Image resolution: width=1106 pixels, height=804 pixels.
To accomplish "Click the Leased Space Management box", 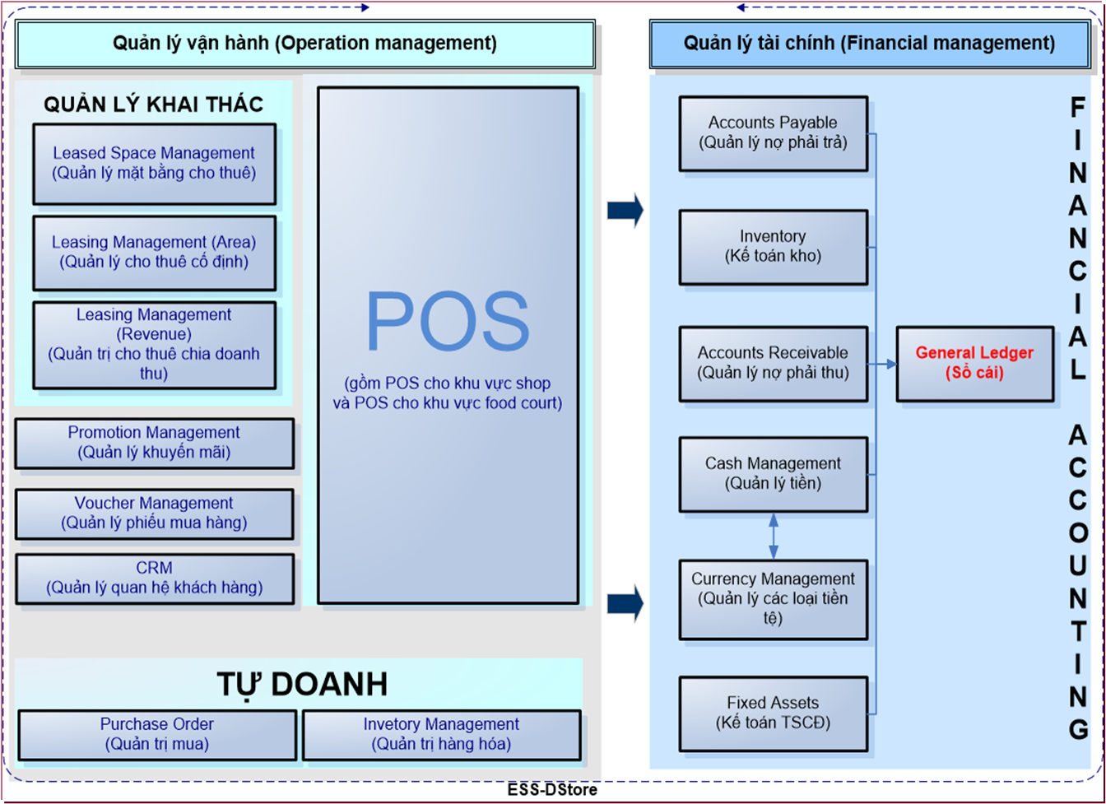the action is [x=154, y=164].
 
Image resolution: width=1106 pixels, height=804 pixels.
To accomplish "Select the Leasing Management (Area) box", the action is [x=154, y=253].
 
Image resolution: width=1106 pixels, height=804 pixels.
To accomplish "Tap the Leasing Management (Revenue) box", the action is [x=154, y=345].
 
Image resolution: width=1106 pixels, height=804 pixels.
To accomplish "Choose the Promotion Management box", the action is [x=154, y=443].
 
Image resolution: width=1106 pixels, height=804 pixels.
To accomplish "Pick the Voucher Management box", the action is [x=154, y=514].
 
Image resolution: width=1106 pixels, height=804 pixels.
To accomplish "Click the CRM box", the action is [x=154, y=579].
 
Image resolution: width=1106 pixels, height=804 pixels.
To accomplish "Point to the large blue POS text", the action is [x=448, y=321].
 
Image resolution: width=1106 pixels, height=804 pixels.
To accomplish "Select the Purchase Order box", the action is [x=157, y=735].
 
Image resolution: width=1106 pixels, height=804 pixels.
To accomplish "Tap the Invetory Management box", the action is [x=441, y=735].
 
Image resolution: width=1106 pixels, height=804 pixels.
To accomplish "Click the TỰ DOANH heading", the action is [x=302, y=685].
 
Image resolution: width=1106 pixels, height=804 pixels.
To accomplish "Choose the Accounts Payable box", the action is [x=774, y=133].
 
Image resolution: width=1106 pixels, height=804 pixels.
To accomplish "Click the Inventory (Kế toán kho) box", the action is [x=774, y=247].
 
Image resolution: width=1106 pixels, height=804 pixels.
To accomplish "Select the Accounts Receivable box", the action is [x=774, y=364].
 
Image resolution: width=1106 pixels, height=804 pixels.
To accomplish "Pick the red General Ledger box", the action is [x=974, y=364].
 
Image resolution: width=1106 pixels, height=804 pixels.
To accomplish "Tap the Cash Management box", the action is [x=774, y=474].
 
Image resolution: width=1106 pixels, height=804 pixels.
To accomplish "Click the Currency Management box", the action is [x=774, y=600].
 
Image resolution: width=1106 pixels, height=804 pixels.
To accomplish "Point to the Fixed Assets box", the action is [x=774, y=713].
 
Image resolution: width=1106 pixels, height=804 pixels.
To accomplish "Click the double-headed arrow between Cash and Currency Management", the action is [x=774, y=536].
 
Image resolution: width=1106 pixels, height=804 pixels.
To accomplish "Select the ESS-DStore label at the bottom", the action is [x=552, y=789].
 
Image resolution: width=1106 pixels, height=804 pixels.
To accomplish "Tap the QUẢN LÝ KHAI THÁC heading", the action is [x=154, y=104].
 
